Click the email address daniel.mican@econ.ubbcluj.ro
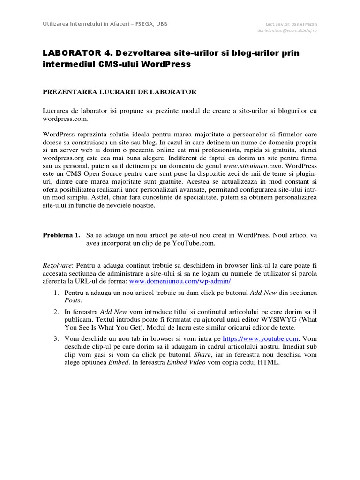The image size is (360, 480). click(x=287, y=30)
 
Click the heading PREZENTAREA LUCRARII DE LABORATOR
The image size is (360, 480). click(x=120, y=92)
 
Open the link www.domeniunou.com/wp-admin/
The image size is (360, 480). click(x=180, y=281)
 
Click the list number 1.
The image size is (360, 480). click(x=55, y=292)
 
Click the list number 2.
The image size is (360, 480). click(x=55, y=312)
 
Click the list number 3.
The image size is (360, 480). click(x=55, y=338)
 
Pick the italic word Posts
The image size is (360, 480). click(x=73, y=300)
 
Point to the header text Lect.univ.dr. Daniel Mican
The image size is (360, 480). click(x=291, y=24)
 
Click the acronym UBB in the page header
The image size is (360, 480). click(x=159, y=23)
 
